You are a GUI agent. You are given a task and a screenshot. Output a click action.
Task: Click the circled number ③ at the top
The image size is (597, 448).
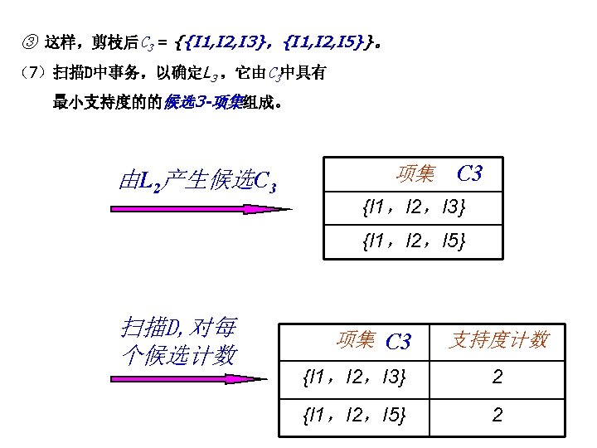(31, 39)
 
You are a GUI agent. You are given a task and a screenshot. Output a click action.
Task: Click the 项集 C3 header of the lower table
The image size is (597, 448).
(374, 339)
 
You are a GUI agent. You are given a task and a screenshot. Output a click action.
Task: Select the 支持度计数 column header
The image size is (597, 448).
(498, 339)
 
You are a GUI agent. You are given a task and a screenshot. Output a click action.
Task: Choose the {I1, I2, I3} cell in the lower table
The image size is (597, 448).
(356, 378)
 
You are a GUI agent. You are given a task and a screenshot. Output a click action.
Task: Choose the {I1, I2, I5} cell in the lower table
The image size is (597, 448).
(356, 415)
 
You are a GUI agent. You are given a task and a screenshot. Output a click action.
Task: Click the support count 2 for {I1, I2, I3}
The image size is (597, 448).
(498, 378)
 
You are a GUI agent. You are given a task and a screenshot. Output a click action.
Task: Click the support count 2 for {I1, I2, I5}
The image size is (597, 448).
(498, 415)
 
